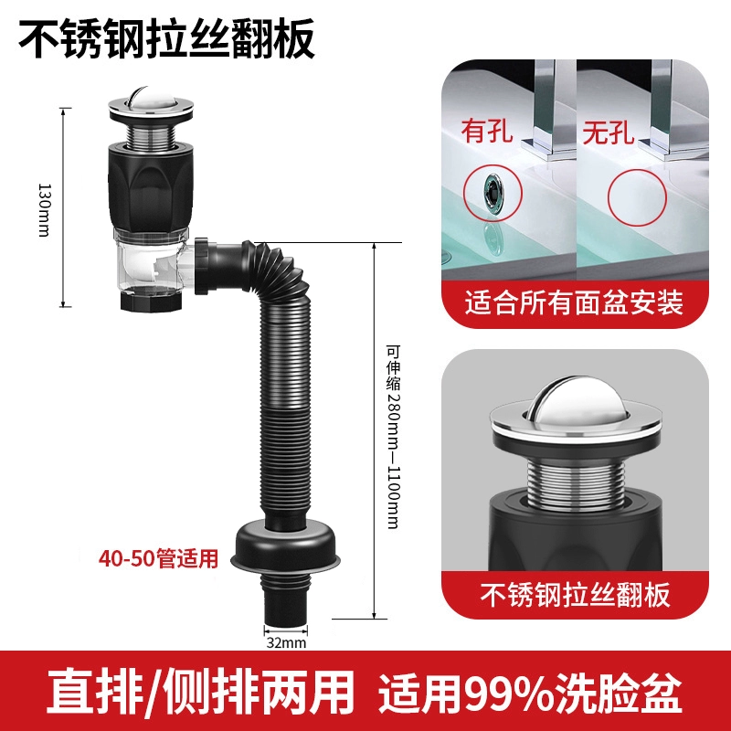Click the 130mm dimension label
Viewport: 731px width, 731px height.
pyautogui.click(x=44, y=210)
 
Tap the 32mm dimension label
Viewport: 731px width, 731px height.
pyautogui.click(x=286, y=643)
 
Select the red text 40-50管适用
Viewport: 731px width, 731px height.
pyautogui.click(x=158, y=558)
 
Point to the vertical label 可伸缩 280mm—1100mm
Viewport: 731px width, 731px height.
pyautogui.click(x=394, y=436)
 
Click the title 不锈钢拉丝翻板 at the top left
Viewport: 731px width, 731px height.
pyautogui.click(x=166, y=38)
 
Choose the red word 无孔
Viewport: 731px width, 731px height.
pyautogui.click(x=609, y=131)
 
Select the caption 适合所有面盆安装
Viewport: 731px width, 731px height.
pyautogui.click(x=574, y=302)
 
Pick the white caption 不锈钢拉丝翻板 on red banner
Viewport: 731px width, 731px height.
pyautogui.click(x=576, y=595)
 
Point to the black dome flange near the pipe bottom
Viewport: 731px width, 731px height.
pyautogui.click(x=286, y=543)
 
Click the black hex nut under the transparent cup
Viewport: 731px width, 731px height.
pyautogui.click(x=151, y=301)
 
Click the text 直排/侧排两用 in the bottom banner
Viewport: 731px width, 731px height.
pyautogui.click(x=200, y=692)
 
